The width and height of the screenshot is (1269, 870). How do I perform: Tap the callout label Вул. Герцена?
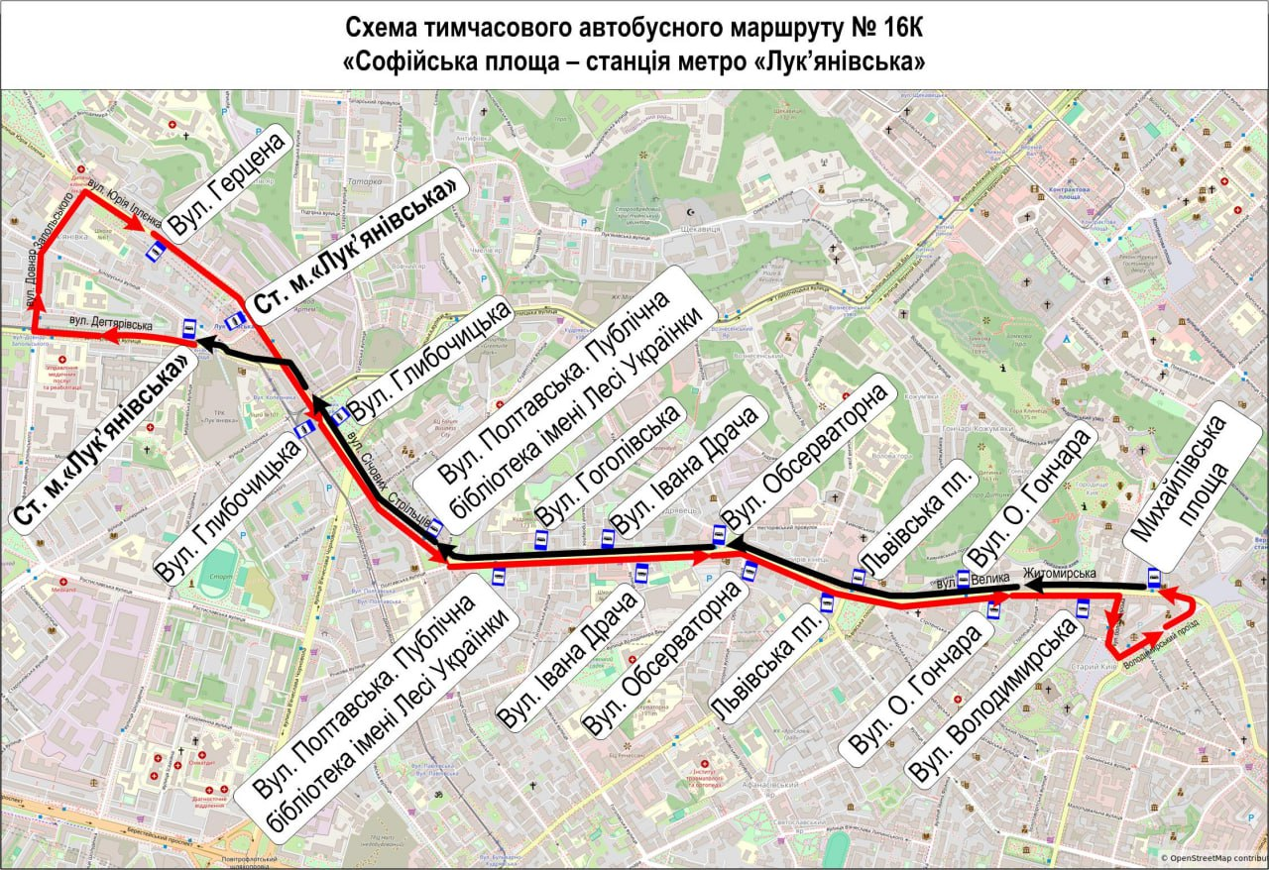point(228,184)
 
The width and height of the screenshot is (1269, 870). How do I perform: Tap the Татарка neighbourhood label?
point(365,181)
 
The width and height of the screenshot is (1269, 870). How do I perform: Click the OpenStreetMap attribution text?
point(1213,858)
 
